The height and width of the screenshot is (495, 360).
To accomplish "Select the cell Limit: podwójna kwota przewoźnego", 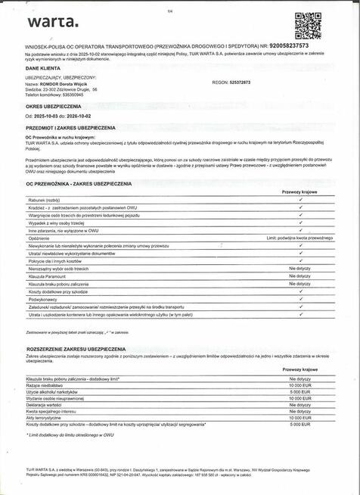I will (299, 237).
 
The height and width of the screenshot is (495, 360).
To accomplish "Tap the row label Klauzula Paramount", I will (48, 276).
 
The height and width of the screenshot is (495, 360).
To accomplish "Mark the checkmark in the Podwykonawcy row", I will (300, 299).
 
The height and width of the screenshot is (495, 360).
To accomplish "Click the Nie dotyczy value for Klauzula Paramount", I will (300, 276).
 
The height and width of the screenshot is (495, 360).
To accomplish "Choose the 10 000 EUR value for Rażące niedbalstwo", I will (299, 385).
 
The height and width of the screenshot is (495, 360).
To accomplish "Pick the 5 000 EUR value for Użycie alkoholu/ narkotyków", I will (300, 392).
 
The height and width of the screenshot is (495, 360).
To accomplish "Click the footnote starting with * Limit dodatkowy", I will (70, 435).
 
